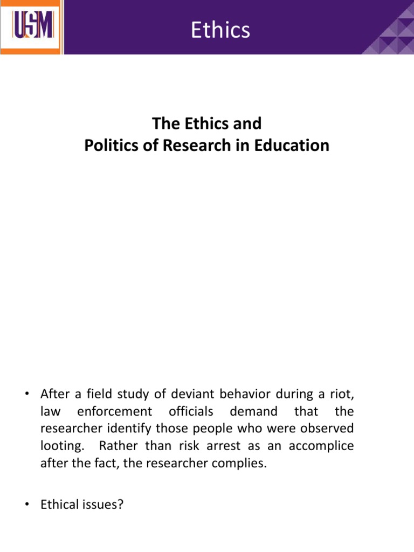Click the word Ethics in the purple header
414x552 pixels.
pos(220,30)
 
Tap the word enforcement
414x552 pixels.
pos(114,412)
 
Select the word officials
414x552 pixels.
pos(191,412)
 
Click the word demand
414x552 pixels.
pos(253,412)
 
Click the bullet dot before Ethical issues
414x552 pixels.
pos(25,506)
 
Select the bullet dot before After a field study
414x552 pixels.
pos(25,394)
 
